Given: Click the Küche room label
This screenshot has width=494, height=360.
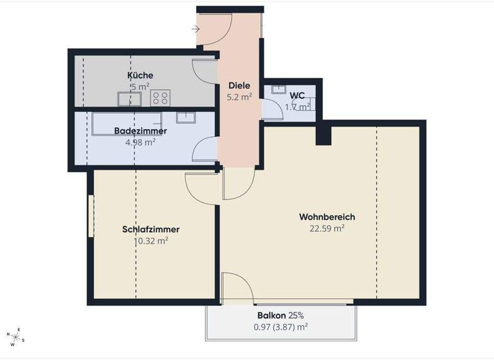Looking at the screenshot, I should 140,75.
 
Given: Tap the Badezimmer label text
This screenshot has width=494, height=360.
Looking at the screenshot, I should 140,130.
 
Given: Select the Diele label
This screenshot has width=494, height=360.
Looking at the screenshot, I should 239,85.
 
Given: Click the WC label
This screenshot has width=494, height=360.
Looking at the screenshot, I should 297,96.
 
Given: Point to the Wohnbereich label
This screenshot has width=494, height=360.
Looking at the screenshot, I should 327,217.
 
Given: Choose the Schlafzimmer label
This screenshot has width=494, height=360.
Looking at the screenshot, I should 151,229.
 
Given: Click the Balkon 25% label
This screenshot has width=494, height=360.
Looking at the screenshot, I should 280,316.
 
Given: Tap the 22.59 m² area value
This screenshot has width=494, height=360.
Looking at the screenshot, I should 327,228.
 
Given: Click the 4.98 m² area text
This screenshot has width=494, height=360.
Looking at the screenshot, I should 140,142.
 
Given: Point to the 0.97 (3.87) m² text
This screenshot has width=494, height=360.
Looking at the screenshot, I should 280,327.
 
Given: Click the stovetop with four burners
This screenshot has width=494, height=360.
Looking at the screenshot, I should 160,98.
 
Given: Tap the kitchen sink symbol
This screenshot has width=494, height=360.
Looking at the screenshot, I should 129,98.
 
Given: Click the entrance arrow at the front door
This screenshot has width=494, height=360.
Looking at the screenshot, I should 196,29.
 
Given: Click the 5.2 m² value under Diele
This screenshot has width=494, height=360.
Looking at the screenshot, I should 239,97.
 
